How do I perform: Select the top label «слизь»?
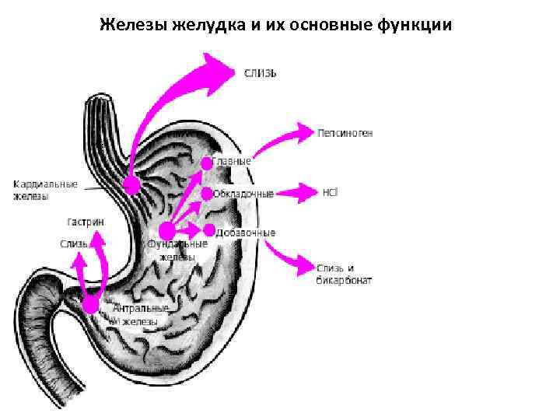261,73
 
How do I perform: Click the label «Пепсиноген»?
345,133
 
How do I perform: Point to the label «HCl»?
330,191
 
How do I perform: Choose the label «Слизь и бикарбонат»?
344,273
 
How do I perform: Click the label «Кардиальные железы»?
45,191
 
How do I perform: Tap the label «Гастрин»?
86,222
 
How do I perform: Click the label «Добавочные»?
247,232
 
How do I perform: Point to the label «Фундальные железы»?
177,250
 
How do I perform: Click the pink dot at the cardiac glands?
132,184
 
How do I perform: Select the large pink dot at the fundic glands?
166,230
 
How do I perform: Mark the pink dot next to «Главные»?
207,163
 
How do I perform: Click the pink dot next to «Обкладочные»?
206,193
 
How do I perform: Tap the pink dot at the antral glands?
92,304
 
